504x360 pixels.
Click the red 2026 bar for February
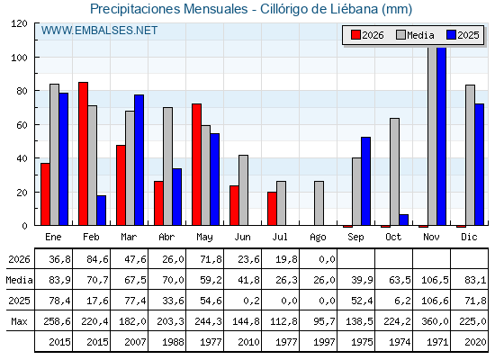[83, 154]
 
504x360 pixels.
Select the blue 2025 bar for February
[101, 211]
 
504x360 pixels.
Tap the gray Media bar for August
[319, 203]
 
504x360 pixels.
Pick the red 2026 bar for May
[197, 165]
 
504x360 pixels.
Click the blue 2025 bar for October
[404, 220]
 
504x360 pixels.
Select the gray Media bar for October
[395, 172]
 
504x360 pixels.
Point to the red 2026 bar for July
[272, 209]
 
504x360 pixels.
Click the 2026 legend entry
[367, 35]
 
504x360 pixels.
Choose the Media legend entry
[415, 35]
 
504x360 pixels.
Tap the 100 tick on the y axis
[21, 58]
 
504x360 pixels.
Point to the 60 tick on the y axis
[22, 125]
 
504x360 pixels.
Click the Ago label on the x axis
[318, 238]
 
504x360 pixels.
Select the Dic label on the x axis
[469, 237]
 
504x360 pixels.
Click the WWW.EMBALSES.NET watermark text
[99, 31]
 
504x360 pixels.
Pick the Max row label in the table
[19, 321]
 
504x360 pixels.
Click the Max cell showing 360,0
[435, 321]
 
